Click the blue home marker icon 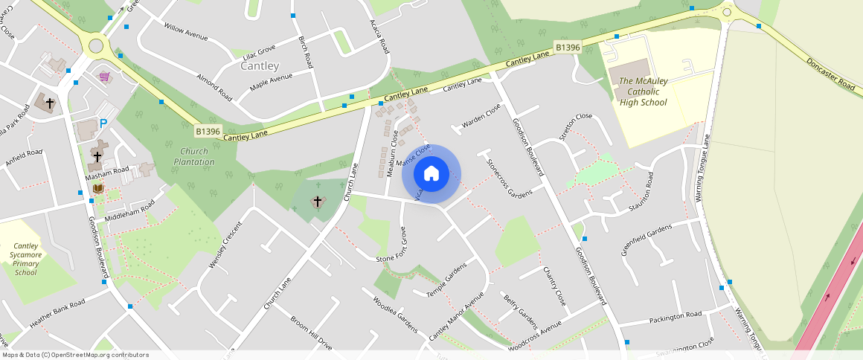pos(431,174)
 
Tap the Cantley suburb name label pos(260,66)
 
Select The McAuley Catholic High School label pos(643,91)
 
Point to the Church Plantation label pos(193,156)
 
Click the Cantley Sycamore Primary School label pos(25,259)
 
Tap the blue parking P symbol pos(103,124)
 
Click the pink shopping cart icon pos(105,77)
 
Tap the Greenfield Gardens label pos(646,239)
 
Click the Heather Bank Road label pos(57,313)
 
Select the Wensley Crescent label pos(225,245)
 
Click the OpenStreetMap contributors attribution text pos(74,355)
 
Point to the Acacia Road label pos(379,36)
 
